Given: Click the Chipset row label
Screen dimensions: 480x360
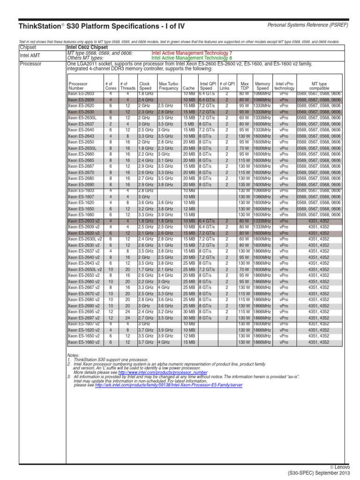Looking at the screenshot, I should pos(28,47).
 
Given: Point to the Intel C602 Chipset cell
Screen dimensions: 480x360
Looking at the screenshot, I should pos(88,47).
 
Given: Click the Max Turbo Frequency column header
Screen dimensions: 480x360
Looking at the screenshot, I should pos(168,86).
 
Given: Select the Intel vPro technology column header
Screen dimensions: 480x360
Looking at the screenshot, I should pos(285,86).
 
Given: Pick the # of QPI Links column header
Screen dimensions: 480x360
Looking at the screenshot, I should pos(227,86).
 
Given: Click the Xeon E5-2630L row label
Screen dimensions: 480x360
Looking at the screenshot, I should pos(82,118).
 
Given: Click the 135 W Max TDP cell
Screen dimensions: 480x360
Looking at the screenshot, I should pos(244,185).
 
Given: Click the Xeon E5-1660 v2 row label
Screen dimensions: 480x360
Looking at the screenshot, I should pos(83,342).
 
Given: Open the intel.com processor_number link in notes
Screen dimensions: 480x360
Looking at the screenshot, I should pos(174,372).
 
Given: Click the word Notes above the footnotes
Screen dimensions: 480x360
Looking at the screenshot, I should pos(73,356).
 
